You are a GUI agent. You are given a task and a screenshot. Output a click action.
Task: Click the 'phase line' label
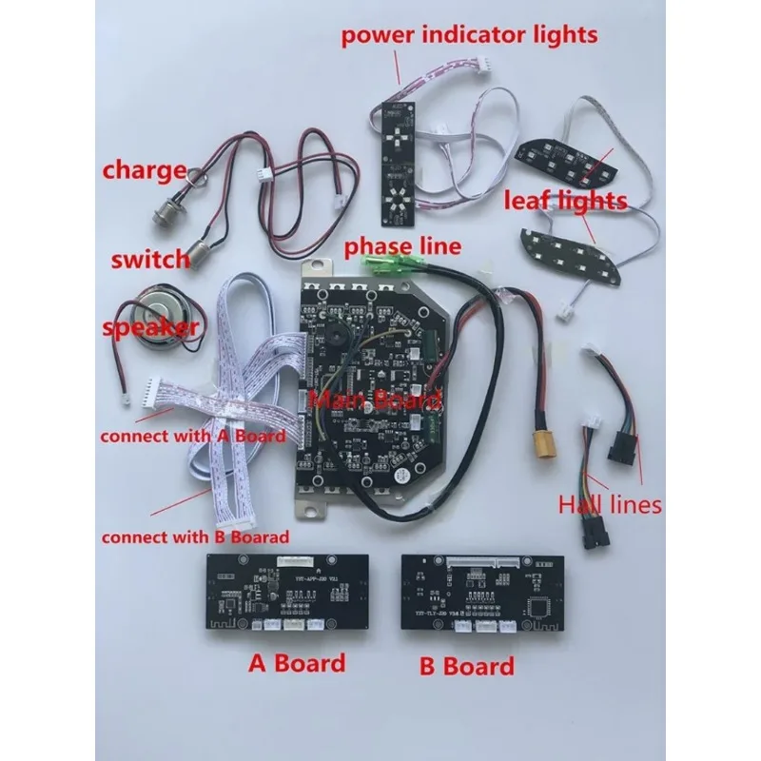[402, 246]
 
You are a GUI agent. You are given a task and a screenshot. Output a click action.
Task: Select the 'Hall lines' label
[610, 503]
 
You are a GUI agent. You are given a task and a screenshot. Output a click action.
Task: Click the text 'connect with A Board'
[193, 437]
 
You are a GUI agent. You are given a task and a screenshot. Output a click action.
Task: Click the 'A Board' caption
[297, 662]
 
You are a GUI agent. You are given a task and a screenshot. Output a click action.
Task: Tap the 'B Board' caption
[467, 665]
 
